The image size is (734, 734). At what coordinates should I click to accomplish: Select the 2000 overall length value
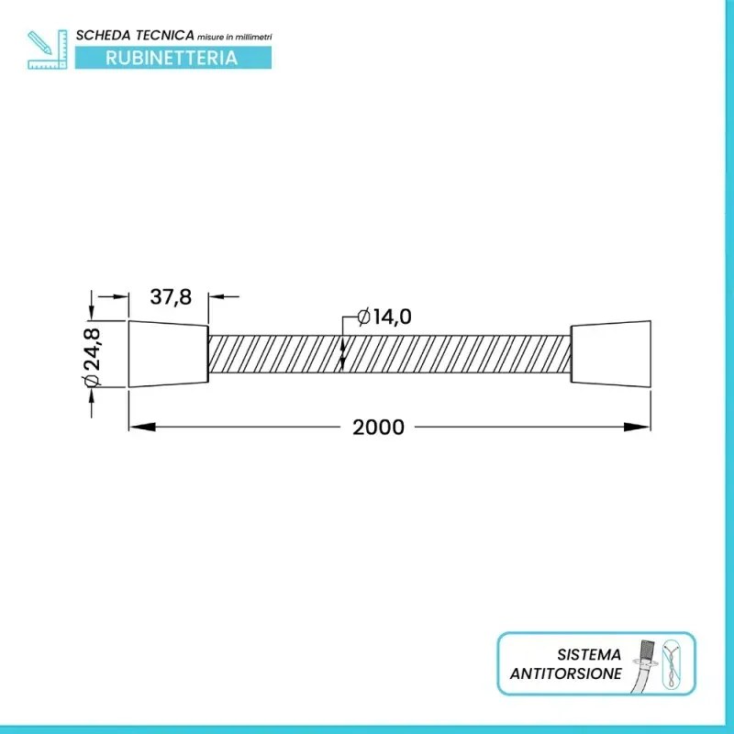click(x=378, y=428)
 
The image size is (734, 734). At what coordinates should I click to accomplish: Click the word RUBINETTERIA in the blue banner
click(x=172, y=58)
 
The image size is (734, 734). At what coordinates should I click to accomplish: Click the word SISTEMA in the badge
click(x=589, y=655)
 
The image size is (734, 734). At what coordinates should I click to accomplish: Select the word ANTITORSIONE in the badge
click(x=566, y=674)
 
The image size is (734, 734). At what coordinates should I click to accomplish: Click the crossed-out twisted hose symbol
click(x=677, y=663)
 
